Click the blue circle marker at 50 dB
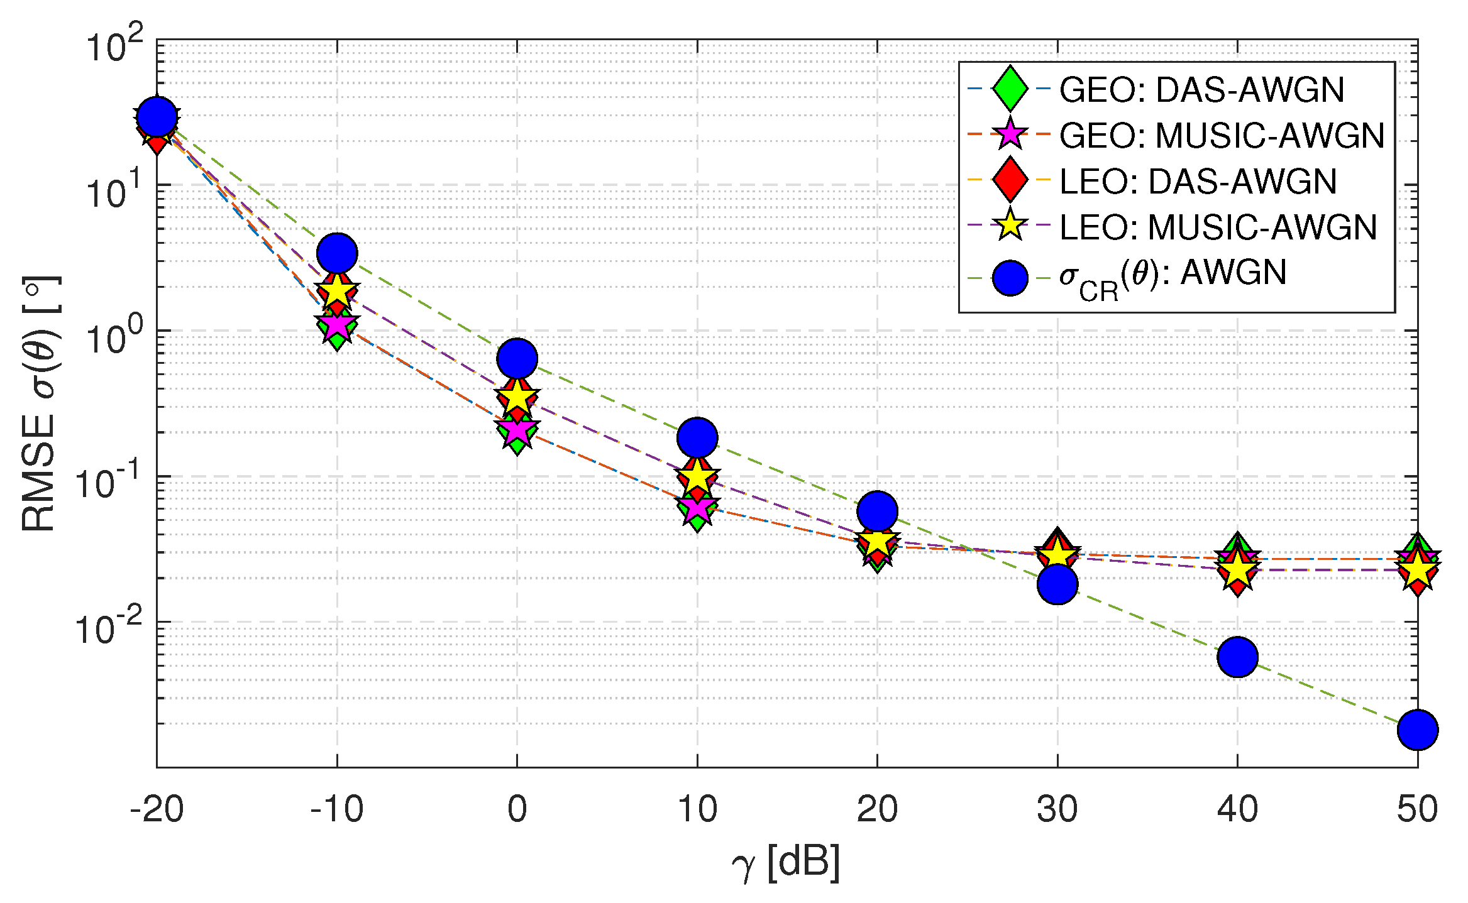(1417, 730)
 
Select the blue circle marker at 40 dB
(1237, 657)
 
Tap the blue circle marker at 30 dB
(1057, 584)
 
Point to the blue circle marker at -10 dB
(338, 253)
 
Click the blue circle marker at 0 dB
(517, 359)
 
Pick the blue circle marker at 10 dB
(697, 437)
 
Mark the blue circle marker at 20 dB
(877, 511)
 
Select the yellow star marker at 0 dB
(517, 397)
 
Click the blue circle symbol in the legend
(1010, 278)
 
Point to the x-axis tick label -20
(157, 809)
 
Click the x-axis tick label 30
(1057, 809)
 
